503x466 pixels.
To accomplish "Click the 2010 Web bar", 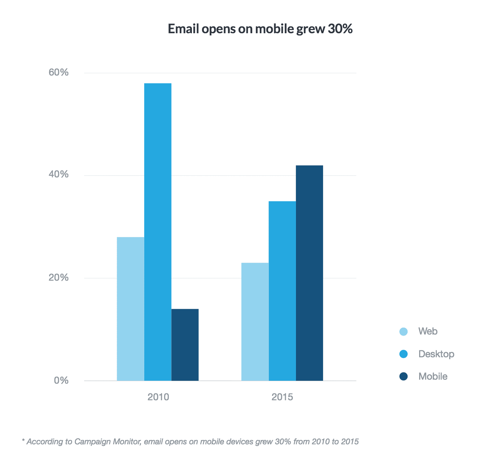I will tap(130, 309).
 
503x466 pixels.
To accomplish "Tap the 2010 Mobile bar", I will tap(185, 345).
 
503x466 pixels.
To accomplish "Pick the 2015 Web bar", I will tap(255, 322).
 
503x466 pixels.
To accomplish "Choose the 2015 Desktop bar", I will tap(282, 291).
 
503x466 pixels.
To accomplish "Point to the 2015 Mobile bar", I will tap(309, 273).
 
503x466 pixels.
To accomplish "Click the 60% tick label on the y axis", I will tap(59, 73).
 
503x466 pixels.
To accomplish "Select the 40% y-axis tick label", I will tap(59, 174).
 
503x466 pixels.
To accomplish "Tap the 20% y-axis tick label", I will tap(59, 277).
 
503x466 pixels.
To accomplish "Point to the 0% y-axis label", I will tap(61, 380).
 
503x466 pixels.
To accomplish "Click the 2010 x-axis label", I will tap(158, 397).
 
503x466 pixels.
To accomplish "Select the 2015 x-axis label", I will tap(282, 397).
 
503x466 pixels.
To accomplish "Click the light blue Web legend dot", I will tap(404, 332).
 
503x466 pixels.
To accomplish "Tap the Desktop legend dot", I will tap(404, 354).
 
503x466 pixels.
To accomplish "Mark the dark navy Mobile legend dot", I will tap(404, 376).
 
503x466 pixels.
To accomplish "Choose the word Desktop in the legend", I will tap(436, 354).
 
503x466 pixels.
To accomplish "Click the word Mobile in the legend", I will tap(433, 376).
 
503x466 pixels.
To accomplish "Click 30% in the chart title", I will tap(340, 29).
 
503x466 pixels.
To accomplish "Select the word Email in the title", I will tap(183, 29).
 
